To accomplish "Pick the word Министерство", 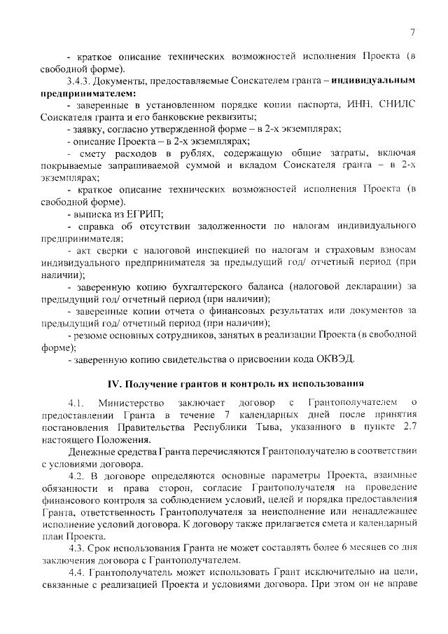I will coord(132,403).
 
